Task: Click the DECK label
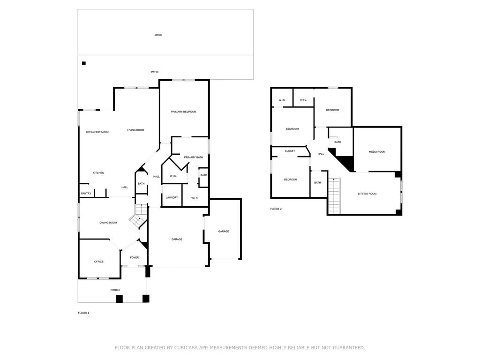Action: tap(158, 35)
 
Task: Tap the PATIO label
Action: tap(155, 72)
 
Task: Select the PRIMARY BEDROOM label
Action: tap(184, 112)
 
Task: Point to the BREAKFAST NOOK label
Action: tap(97, 132)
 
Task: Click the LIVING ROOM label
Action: tap(135, 130)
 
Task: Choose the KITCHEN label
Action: tap(98, 173)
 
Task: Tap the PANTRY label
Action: tap(86, 194)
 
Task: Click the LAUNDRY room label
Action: tap(172, 197)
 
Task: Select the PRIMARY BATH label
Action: tap(194, 157)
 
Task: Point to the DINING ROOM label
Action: tap(108, 223)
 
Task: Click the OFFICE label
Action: tap(99, 262)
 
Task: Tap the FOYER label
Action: tap(135, 258)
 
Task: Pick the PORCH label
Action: tap(115, 290)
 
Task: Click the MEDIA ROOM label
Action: tap(377, 152)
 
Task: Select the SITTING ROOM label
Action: tap(367, 194)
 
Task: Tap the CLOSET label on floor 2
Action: tap(290, 151)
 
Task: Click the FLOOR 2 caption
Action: tap(276, 209)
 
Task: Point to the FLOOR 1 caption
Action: tap(83, 313)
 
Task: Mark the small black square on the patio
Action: tap(84, 63)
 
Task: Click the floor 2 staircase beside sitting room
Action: tap(334, 195)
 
